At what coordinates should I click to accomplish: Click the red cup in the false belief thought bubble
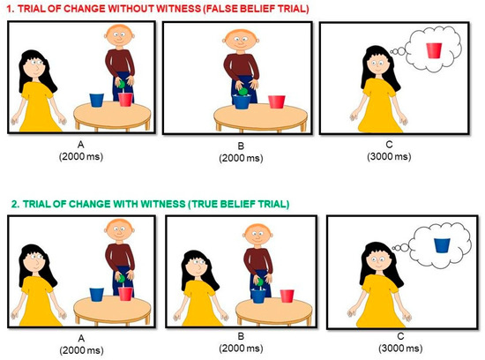pyautogui.click(x=434, y=50)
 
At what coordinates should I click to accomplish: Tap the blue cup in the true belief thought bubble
pyautogui.click(x=442, y=245)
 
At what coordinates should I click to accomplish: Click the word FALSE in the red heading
pyautogui.click(x=221, y=9)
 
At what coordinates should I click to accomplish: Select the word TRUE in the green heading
pyautogui.click(x=204, y=204)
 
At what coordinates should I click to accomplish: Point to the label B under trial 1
pyautogui.click(x=241, y=146)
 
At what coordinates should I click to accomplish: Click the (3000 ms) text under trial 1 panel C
pyautogui.click(x=389, y=156)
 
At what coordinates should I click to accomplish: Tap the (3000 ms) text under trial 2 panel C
pyautogui.click(x=400, y=349)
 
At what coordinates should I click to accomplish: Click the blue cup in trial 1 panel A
pyautogui.click(x=96, y=100)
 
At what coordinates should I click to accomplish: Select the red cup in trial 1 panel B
pyautogui.click(x=277, y=101)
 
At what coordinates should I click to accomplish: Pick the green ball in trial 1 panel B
pyautogui.click(x=243, y=91)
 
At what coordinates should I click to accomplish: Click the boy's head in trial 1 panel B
pyautogui.click(x=241, y=40)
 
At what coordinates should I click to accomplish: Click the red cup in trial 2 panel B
pyautogui.click(x=287, y=296)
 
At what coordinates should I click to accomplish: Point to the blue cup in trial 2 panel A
pyautogui.click(x=96, y=295)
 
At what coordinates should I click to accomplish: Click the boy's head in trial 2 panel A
pyautogui.click(x=119, y=230)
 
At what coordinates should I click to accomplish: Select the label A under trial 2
pyautogui.click(x=81, y=338)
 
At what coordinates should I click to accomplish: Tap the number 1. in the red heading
pyautogui.click(x=11, y=9)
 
